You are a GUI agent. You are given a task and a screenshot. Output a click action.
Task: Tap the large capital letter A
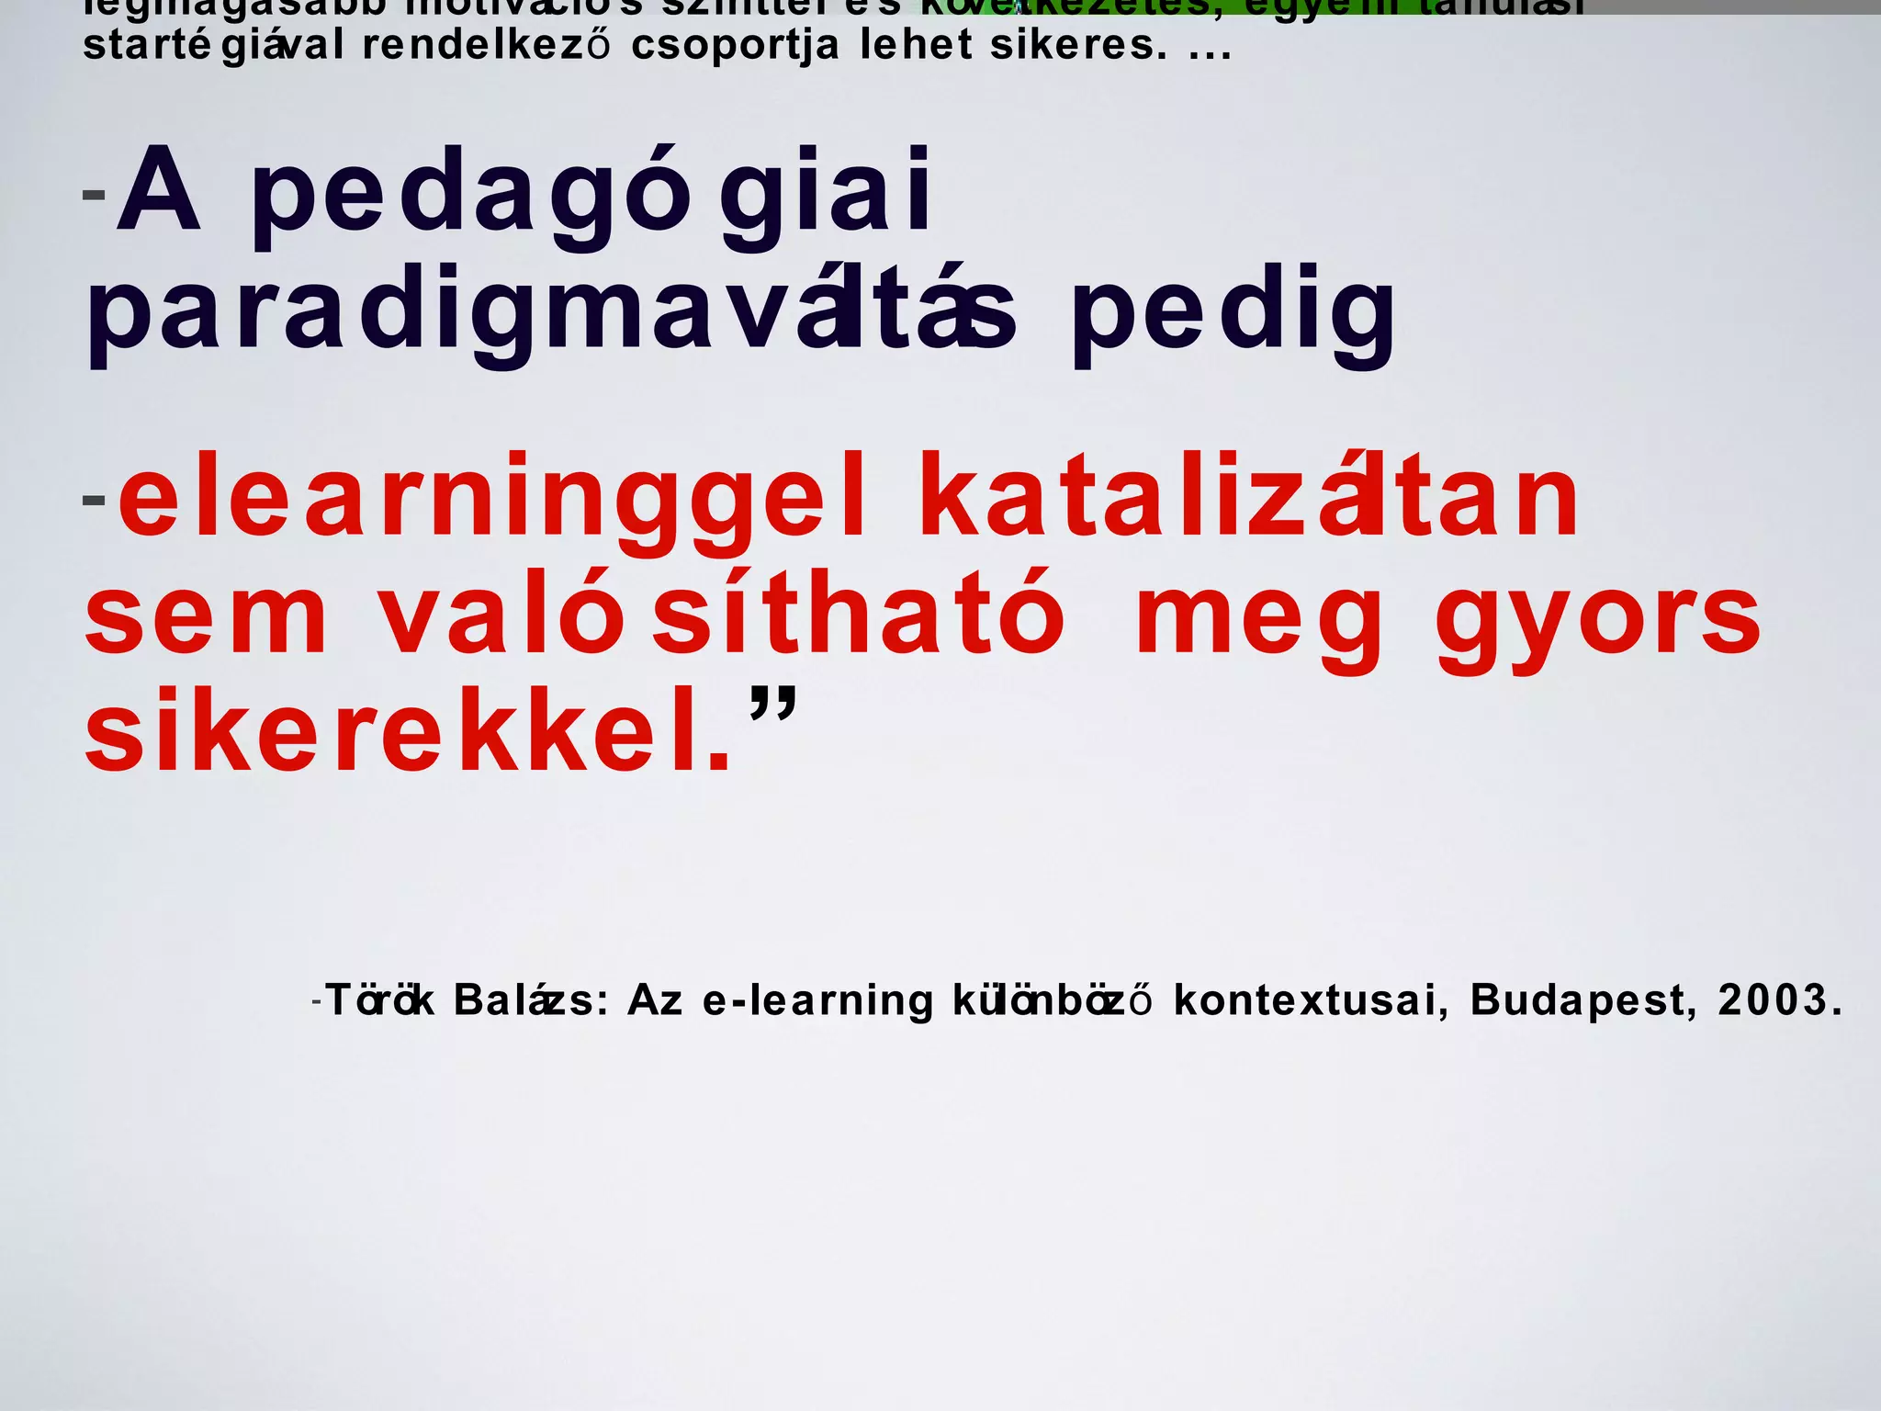(x=159, y=190)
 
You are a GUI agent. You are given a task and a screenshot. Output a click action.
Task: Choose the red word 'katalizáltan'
(x=1249, y=496)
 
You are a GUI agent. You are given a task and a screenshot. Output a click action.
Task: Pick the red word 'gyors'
(x=1598, y=621)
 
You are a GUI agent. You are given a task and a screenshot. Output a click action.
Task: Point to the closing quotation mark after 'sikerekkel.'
(x=773, y=705)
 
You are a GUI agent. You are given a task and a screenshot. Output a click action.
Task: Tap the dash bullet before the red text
(x=94, y=501)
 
